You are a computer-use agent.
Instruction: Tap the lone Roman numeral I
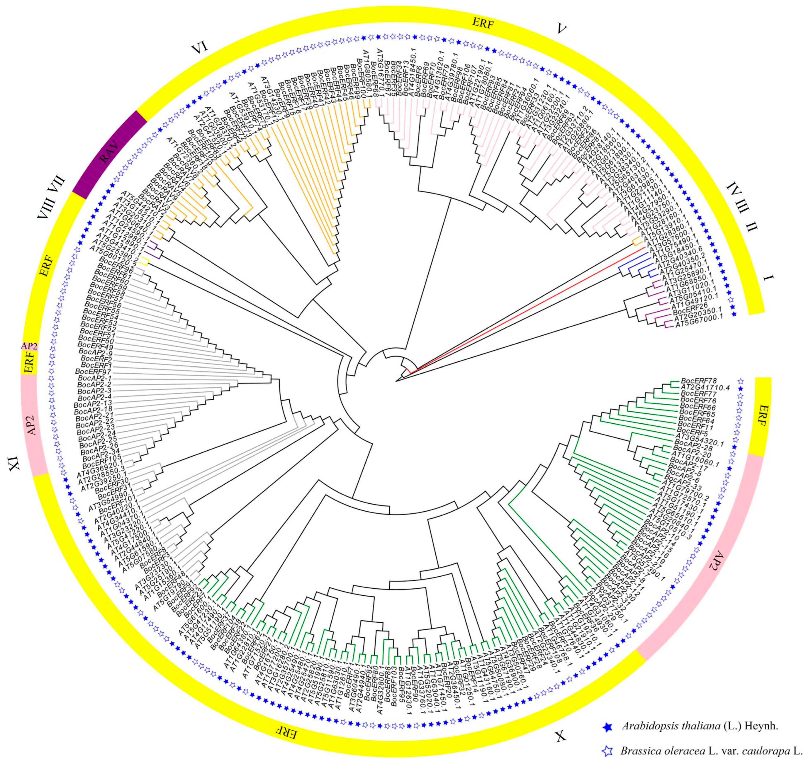click(x=768, y=278)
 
